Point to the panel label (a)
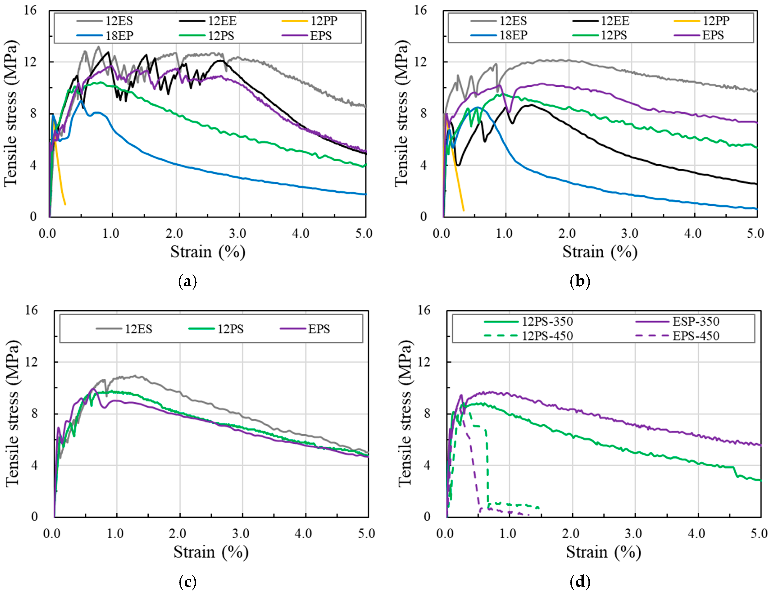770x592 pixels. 187,282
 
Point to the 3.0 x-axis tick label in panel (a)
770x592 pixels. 238,233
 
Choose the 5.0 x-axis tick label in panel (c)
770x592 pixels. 366,533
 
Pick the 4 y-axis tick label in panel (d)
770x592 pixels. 427,465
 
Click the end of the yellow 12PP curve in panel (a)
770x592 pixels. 65,204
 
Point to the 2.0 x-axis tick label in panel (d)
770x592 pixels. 571,533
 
